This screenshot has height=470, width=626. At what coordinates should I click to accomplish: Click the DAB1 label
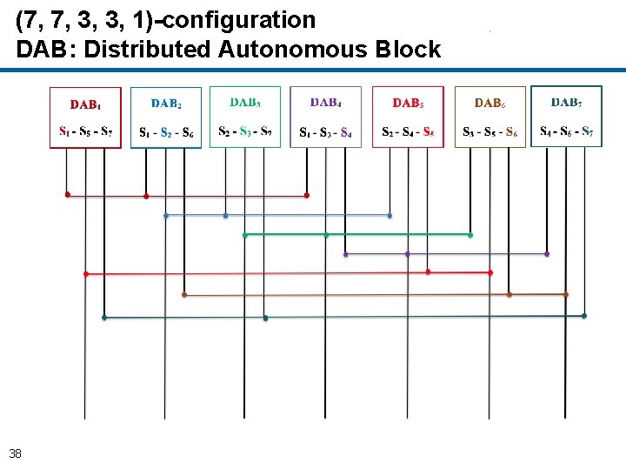[x=85, y=105]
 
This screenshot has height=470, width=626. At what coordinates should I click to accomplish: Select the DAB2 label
[x=166, y=104]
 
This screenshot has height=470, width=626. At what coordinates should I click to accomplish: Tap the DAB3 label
[x=245, y=102]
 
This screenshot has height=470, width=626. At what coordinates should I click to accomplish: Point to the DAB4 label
[x=325, y=103]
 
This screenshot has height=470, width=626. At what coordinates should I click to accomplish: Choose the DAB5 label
[x=408, y=104]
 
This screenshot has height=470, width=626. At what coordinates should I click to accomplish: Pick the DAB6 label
[x=489, y=104]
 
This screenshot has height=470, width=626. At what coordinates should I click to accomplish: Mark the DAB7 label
[x=566, y=103]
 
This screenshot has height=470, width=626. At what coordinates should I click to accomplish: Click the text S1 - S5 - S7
[x=85, y=132]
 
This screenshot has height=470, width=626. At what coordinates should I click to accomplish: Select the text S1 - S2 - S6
[x=166, y=133]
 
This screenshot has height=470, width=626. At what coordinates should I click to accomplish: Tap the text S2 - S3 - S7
[x=245, y=132]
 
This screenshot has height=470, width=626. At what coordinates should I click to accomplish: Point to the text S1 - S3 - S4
[x=325, y=133]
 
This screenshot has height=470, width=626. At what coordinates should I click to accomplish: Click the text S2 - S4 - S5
[x=408, y=132]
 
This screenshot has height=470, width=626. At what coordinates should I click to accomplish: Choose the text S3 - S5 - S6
[x=490, y=133]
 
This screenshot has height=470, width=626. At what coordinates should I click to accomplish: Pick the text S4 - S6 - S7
[x=566, y=132]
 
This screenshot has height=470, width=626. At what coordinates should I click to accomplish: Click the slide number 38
[x=16, y=453]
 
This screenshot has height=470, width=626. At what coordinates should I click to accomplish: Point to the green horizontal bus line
[x=357, y=235]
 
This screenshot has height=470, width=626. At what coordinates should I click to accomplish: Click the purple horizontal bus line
[x=446, y=254]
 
